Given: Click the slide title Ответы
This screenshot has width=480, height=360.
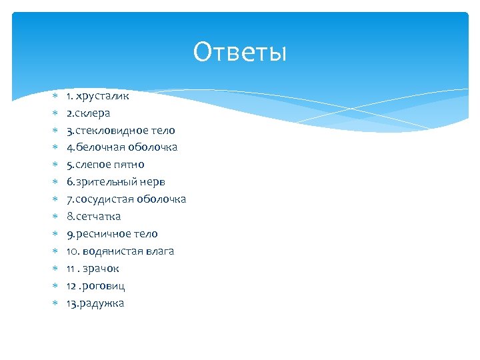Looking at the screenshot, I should (x=240, y=52).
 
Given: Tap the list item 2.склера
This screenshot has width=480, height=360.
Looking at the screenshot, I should (x=88, y=113).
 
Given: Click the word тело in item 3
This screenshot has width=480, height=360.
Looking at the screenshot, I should (x=163, y=130).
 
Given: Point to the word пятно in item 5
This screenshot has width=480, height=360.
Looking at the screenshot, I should (x=131, y=165).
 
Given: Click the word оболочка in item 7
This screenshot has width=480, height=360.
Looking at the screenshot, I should (x=162, y=199).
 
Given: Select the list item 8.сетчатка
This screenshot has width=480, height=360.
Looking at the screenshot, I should (x=93, y=217).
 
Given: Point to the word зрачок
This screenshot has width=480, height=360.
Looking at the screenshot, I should (x=101, y=269).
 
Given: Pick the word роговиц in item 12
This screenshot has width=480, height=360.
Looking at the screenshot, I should (x=104, y=286).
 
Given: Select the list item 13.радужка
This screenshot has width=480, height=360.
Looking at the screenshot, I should (x=95, y=303).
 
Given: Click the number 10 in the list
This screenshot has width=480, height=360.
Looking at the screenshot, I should (x=71, y=251).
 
